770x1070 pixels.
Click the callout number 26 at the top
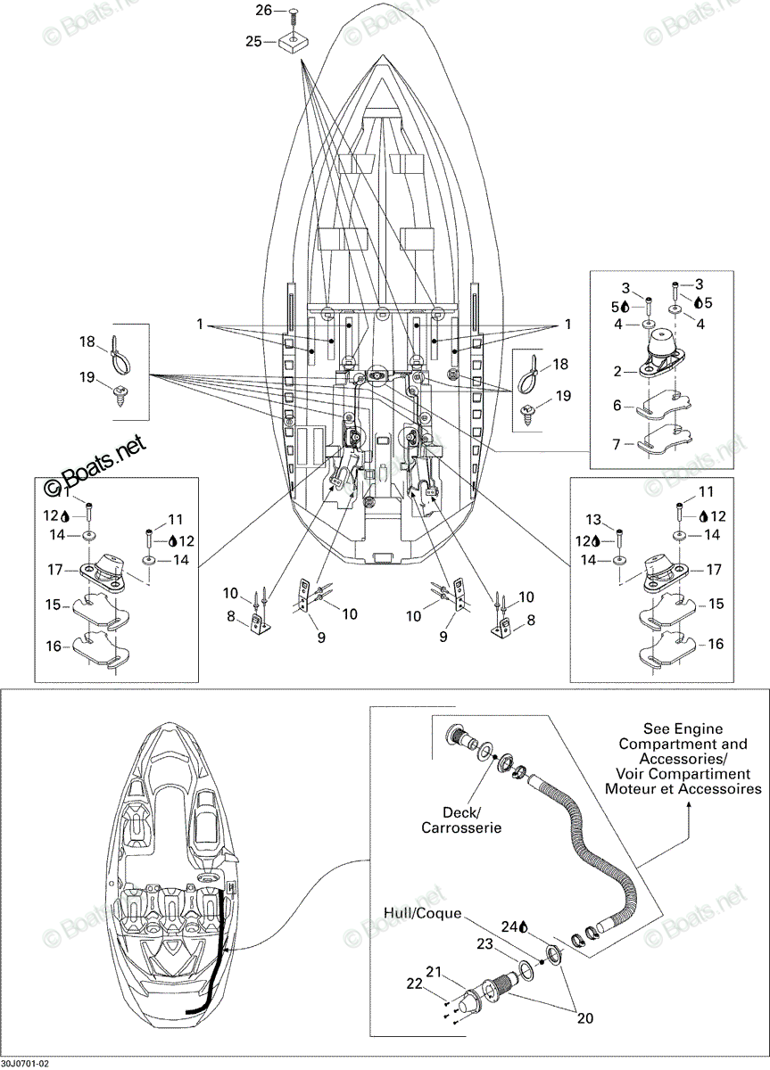[x=264, y=10]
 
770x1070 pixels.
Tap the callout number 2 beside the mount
[x=617, y=371]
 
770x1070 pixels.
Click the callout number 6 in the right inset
[x=617, y=406]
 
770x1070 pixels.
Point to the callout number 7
[x=617, y=445]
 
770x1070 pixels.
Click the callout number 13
[x=593, y=519]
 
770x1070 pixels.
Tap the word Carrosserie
[x=461, y=827]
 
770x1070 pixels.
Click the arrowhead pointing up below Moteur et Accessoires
[x=689, y=804]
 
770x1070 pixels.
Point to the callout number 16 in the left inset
[x=54, y=646]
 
